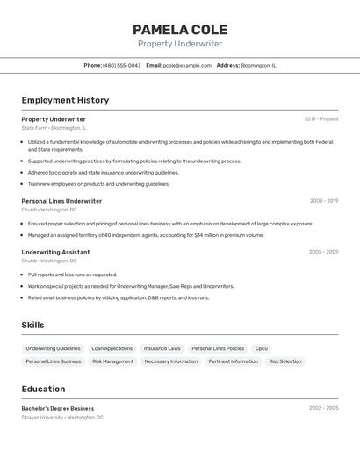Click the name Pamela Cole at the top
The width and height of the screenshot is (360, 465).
(179, 29)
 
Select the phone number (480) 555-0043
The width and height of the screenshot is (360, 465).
(121, 65)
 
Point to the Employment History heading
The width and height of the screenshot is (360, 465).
(65, 100)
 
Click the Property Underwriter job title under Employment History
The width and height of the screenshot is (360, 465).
(54, 119)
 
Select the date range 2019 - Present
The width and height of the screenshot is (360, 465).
(320, 119)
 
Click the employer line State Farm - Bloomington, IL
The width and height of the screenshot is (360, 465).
(54, 128)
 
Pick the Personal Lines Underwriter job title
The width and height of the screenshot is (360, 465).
(61, 201)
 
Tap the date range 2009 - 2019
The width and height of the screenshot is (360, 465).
(323, 201)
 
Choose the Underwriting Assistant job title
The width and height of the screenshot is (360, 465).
(55, 252)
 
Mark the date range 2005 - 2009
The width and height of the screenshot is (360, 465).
(323, 252)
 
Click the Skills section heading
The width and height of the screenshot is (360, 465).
(32, 325)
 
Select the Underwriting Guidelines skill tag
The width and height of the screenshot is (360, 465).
(53, 348)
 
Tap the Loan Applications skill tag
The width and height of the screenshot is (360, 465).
(112, 348)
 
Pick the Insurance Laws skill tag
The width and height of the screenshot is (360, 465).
(162, 348)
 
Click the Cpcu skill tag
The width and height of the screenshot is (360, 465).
(262, 348)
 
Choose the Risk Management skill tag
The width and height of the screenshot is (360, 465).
(112, 361)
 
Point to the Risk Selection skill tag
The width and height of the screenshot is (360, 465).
(284, 361)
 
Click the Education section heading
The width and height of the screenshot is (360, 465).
(43, 390)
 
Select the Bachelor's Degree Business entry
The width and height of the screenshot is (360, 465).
(58, 408)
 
